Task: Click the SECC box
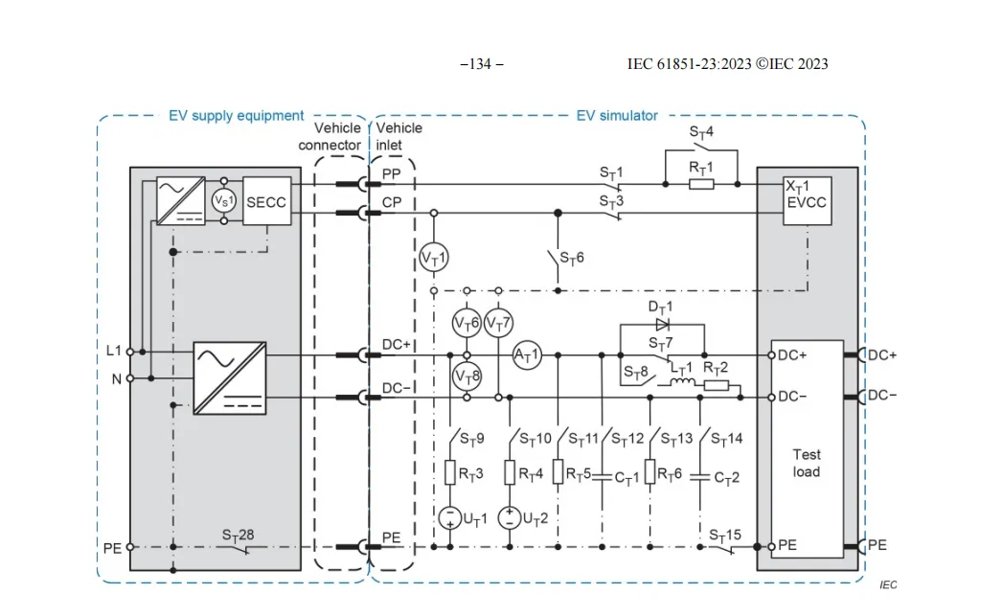[x=267, y=201]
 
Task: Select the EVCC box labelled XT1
[x=808, y=201]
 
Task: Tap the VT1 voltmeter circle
[x=434, y=258]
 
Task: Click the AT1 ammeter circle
[x=527, y=355]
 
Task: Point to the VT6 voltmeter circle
[x=467, y=323]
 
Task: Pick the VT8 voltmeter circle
[x=467, y=376]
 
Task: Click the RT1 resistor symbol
[x=701, y=185]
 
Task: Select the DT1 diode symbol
[x=662, y=325]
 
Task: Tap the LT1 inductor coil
[x=682, y=383]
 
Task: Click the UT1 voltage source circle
[x=450, y=517]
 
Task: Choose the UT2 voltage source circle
[x=510, y=517]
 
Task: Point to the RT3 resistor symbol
[x=450, y=473]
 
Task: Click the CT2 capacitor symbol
[x=700, y=477]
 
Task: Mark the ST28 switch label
[x=238, y=535]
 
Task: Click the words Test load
[x=807, y=464]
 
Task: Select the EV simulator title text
[x=617, y=116]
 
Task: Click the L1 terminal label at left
[x=113, y=351]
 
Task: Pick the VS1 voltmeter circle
[x=224, y=200]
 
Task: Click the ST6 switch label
[x=572, y=258]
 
